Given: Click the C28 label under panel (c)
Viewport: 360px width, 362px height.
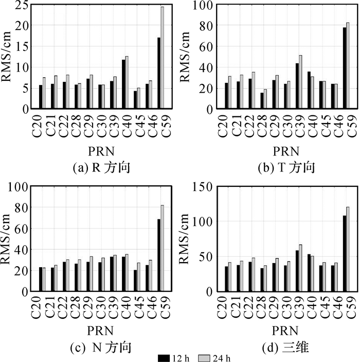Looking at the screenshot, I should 75,307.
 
